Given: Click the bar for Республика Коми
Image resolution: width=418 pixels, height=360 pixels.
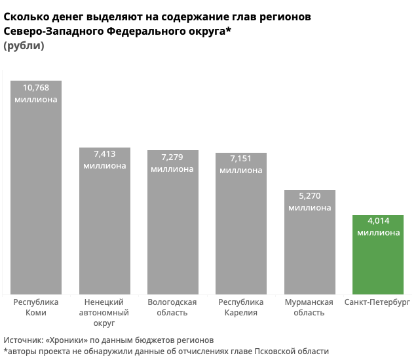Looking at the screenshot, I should (36, 197).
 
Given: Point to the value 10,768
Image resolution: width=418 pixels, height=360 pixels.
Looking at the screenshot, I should (36, 88).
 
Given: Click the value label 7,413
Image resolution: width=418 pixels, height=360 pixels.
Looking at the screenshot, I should (105, 154).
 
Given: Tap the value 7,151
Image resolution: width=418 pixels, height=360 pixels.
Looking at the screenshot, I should (241, 159).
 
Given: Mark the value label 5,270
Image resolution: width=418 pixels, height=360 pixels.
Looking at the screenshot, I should (309, 196).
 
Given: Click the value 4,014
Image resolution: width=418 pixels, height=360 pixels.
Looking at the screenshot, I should (377, 221).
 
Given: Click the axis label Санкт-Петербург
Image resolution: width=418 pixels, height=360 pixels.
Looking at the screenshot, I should (377, 302).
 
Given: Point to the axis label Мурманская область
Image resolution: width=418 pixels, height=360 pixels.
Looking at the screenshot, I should (309, 308).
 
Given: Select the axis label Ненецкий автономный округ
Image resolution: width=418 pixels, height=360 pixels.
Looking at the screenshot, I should (105, 313).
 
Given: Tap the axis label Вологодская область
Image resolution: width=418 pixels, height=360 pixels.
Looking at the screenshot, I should (173, 308).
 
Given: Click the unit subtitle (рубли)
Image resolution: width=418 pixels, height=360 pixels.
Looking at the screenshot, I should (24, 46).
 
